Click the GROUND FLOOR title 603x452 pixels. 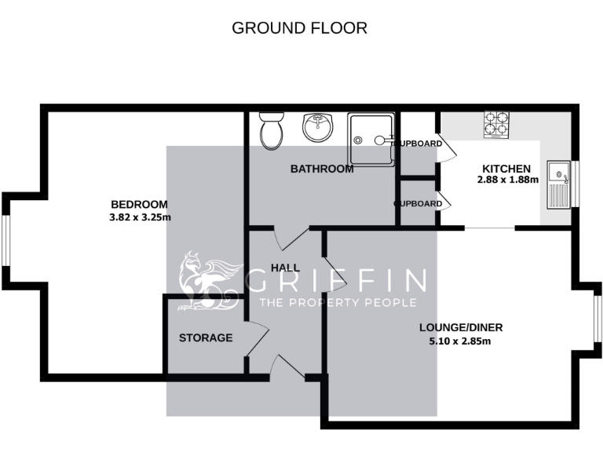[300, 28]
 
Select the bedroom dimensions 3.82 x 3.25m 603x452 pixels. [141, 217]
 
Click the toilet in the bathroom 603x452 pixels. [272, 131]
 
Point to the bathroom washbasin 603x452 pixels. [317, 127]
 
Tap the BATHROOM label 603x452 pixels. [322, 169]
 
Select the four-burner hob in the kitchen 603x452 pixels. [496, 124]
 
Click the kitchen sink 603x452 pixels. [559, 182]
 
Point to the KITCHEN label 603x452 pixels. [506, 169]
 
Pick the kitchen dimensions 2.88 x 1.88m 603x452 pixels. [507, 180]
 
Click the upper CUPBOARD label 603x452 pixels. [417, 144]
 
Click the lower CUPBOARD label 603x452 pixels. [417, 204]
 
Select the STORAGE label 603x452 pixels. [206, 338]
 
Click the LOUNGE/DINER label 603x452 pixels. [461, 327]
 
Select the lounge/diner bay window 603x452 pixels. [597, 319]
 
